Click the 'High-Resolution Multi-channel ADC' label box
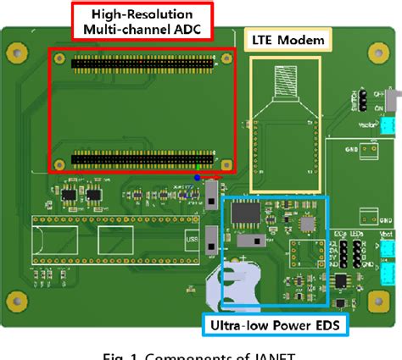click(142, 23)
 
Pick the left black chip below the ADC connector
click(67, 196)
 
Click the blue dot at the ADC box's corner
click(198, 178)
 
